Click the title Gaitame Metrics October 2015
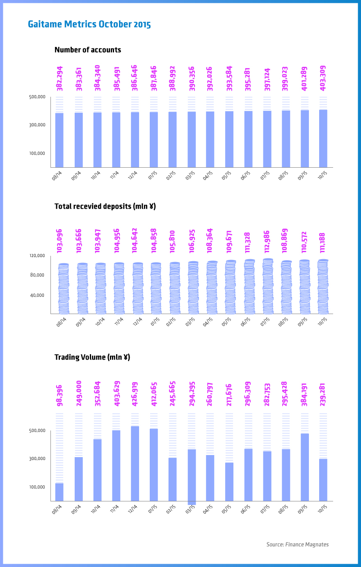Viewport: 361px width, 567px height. pos(89,24)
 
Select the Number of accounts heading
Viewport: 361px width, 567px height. pos(88,50)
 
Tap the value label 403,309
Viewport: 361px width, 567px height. pos(323,78)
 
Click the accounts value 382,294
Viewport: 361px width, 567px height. pos(60,78)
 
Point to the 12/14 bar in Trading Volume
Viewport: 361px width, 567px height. pos(135,463)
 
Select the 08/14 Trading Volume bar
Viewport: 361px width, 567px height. pos(59,492)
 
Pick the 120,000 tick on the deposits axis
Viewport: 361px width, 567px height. pos(37,256)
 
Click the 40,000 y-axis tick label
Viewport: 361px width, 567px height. pos(37,296)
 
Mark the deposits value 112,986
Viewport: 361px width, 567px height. pos(267,241)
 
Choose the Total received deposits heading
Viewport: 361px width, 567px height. pos(105,206)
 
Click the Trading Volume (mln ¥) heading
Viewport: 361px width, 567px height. pos(92,357)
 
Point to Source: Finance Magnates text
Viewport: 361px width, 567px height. pos(297,544)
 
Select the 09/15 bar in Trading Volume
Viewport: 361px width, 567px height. pos(304,467)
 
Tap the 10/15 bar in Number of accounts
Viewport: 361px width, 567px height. pos(323,138)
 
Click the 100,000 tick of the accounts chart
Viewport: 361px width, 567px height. pos(37,154)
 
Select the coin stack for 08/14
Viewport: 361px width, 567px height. pos(64,289)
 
